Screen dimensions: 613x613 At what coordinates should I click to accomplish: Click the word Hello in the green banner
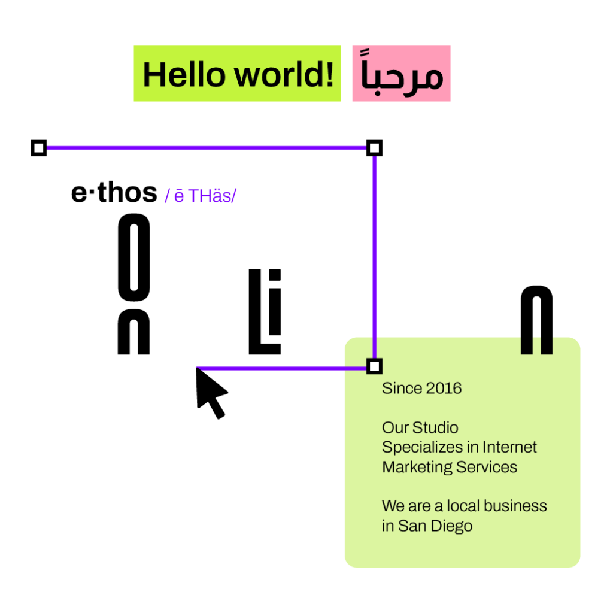pos(184,75)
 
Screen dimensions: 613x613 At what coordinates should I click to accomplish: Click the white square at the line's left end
pos(39,148)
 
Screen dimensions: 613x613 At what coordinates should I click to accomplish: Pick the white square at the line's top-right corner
pos(374,148)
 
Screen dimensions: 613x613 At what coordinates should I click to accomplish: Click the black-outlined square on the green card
pos(374,366)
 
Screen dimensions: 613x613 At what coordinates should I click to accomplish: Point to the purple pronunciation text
pos(201,196)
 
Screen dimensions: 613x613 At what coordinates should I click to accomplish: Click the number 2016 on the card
pos(444,389)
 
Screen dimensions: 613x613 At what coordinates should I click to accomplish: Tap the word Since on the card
pos(402,389)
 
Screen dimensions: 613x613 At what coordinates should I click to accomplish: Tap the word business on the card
pos(515,506)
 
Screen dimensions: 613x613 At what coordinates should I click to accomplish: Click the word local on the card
pos(465,506)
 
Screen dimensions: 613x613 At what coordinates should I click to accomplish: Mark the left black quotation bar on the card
pos(527,345)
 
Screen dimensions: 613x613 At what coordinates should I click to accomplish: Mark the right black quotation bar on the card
pos(547,345)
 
